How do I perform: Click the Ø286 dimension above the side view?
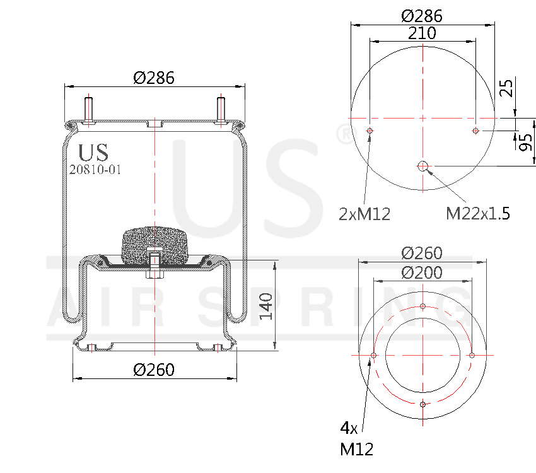154,78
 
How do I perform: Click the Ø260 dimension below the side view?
154,370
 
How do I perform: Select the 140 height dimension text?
267,305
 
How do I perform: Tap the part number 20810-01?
95,169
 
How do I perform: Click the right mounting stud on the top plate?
221,110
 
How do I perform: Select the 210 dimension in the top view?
422,33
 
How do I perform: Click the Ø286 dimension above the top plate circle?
422,16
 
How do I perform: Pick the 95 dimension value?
525,143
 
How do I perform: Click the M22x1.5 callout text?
477,214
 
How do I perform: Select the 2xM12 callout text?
364,214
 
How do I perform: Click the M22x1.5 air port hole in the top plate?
422,166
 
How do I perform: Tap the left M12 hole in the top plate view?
370,131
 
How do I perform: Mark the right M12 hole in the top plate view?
475,131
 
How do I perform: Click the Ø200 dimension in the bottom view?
422,272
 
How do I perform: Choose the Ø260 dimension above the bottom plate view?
422,253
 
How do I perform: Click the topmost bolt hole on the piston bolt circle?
422,307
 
